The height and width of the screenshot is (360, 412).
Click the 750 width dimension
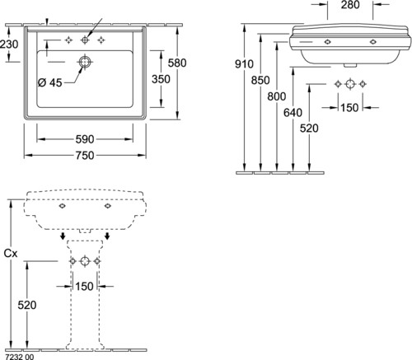(x=85, y=156)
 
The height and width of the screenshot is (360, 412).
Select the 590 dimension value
(x=85, y=139)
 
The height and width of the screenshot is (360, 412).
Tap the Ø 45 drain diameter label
(x=49, y=82)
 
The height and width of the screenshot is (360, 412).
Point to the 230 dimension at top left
(x=9, y=44)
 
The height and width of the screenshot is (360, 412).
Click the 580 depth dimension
(x=177, y=63)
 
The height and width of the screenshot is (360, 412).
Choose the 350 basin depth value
(x=161, y=79)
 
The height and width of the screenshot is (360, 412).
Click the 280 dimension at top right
(x=350, y=5)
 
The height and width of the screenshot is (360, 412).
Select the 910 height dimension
(x=244, y=64)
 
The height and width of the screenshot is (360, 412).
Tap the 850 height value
(x=260, y=80)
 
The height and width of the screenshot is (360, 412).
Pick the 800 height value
(x=277, y=96)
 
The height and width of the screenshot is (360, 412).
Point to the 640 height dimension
(x=293, y=113)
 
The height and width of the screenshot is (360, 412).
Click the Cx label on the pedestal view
(x=11, y=254)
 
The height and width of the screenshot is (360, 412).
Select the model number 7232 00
(x=20, y=357)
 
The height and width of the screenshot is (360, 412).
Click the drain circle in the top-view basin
(x=85, y=62)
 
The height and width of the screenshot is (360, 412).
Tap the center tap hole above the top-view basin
(x=85, y=40)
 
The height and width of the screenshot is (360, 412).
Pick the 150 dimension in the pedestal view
(x=84, y=287)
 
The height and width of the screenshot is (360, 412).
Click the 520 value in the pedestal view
(x=27, y=305)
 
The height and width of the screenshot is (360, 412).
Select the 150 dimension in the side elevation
(x=349, y=108)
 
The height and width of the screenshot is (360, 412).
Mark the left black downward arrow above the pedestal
(x=63, y=236)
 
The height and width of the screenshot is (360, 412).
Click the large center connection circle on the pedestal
(x=85, y=261)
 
